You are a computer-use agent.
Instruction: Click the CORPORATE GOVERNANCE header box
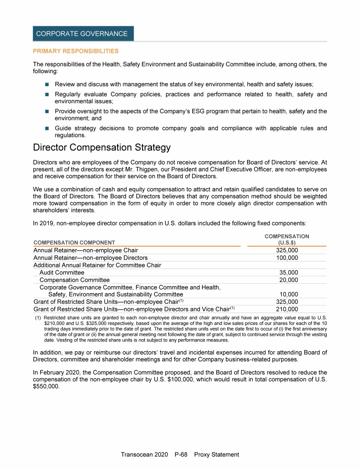click(x=83, y=34)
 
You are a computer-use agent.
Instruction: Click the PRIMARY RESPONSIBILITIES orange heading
click(x=75, y=51)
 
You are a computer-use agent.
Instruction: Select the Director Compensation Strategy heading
click(x=102, y=148)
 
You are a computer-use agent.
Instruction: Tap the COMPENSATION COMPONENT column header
click(x=74, y=242)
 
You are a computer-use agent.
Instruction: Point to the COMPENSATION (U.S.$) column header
click(x=287, y=239)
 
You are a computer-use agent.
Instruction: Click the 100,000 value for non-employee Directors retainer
click(x=287, y=258)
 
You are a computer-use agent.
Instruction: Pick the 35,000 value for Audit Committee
click(x=289, y=272)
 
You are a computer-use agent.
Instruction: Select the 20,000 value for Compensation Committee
click(x=289, y=280)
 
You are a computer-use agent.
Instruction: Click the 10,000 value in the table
click(x=289, y=295)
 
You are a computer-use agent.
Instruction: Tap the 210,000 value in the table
click(x=287, y=309)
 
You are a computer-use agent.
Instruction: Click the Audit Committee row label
click(x=62, y=272)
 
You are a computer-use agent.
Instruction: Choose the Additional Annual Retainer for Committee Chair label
click(x=97, y=265)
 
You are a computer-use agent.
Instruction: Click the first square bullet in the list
click(x=47, y=84)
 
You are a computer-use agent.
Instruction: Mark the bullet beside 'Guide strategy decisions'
click(x=47, y=129)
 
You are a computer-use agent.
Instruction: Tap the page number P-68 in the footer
click(x=181, y=454)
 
